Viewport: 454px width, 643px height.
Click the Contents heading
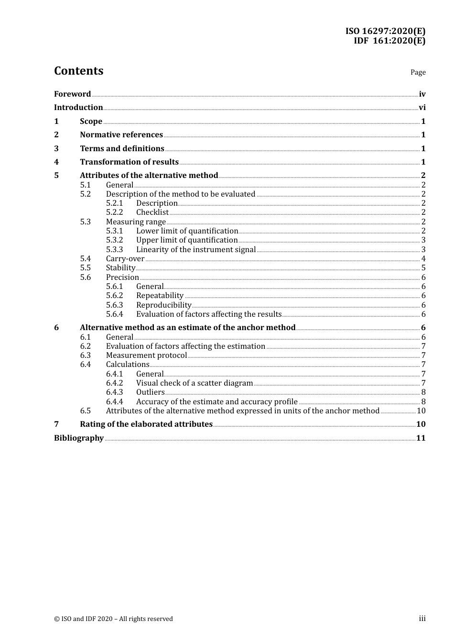click(x=78, y=71)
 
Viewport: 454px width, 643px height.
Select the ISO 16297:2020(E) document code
click(x=385, y=31)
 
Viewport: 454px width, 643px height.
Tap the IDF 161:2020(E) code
click(x=389, y=41)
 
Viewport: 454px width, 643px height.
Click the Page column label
click(x=418, y=72)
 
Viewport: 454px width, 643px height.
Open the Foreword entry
click(x=72, y=94)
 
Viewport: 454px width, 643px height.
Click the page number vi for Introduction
click(x=422, y=108)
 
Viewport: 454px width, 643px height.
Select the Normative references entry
click(x=121, y=135)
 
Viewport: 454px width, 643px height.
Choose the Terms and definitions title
click(x=122, y=148)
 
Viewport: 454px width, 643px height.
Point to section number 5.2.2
click(x=114, y=212)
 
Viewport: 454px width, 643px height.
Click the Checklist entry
click(x=152, y=212)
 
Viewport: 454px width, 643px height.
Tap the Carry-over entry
click(x=125, y=259)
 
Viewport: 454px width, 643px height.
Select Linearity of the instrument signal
click(x=196, y=249)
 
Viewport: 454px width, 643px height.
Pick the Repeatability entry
click(x=160, y=296)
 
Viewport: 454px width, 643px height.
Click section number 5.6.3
click(x=114, y=305)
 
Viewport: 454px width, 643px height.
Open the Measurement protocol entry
click(x=146, y=355)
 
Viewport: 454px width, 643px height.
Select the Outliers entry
click(x=150, y=392)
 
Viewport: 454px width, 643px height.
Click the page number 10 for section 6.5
click(x=421, y=411)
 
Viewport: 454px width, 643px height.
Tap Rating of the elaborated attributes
click(x=146, y=424)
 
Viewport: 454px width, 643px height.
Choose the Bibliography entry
click(x=79, y=438)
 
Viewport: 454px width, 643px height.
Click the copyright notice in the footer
click(x=113, y=619)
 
